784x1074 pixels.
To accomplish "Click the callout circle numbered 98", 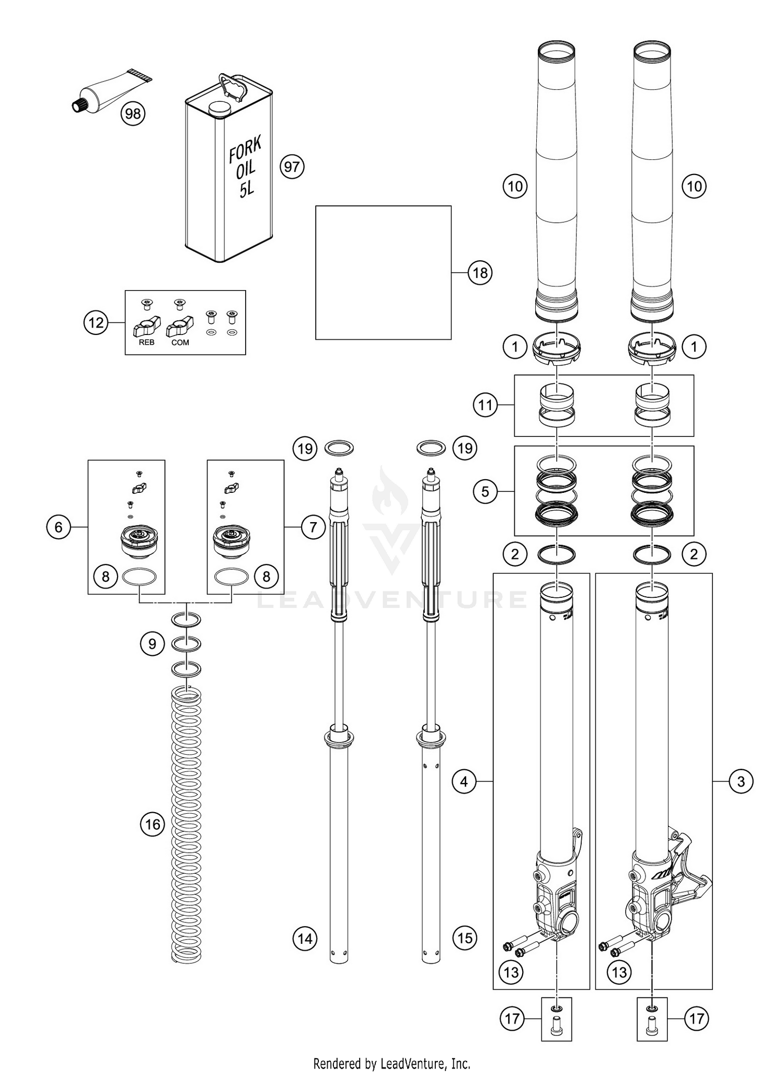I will (133, 113).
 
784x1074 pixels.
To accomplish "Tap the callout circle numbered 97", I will (292, 167).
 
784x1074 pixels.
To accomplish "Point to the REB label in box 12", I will (147, 342).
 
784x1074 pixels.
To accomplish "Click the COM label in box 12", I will (180, 342).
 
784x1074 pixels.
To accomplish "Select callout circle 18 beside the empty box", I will (480, 272).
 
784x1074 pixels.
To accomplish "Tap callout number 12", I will (96, 322).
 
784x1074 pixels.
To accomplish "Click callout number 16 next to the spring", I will (152, 824).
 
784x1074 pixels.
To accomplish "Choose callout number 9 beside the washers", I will (152, 643).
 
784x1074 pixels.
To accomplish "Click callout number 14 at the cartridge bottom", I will (305, 938).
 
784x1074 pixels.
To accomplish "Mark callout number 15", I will (465, 938).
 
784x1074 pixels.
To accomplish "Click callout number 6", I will (59, 527).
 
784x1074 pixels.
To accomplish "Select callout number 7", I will (313, 527).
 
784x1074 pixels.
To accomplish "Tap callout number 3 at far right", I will (741, 782).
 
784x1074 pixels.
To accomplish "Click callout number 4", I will (464, 782).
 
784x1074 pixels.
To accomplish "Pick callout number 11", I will (486, 405).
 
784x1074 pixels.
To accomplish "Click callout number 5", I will (486, 492).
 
